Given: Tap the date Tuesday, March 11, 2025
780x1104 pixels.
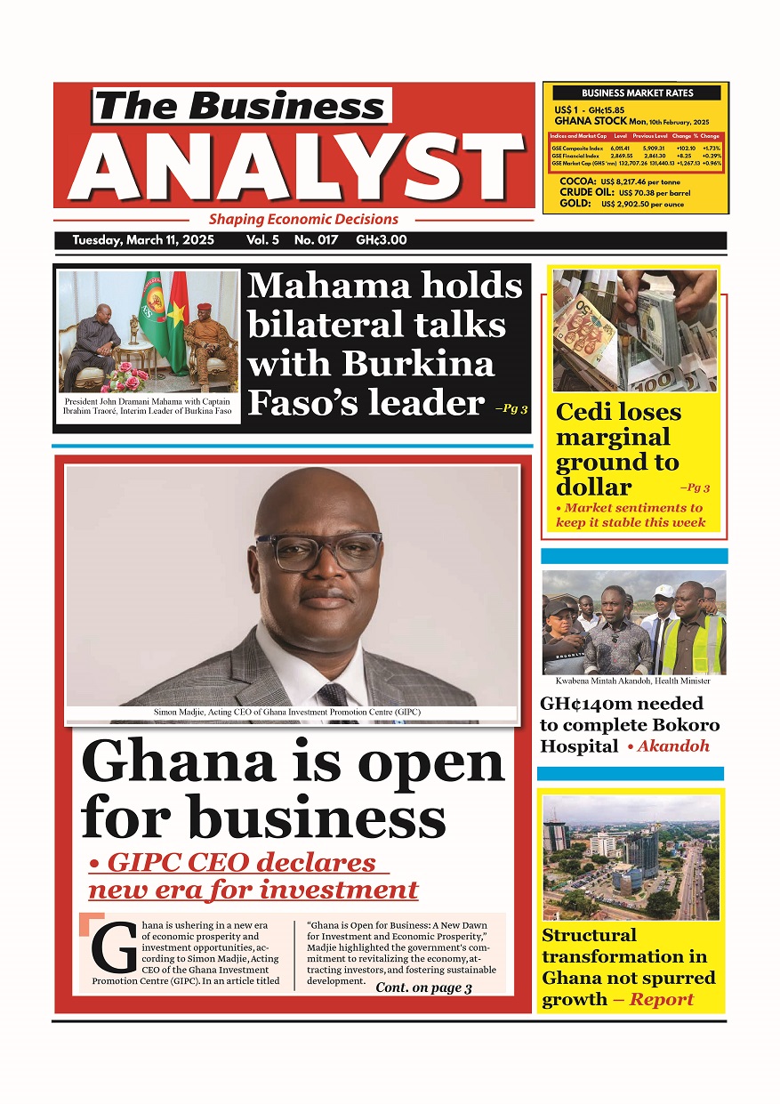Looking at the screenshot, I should coord(143,240).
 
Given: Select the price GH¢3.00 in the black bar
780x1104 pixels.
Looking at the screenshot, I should coord(381,240).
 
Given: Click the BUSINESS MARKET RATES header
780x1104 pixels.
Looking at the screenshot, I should coord(637,93).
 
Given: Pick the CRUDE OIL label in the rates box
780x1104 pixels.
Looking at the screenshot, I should coord(586,192).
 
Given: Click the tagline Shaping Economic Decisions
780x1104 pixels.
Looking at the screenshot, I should coord(303,219).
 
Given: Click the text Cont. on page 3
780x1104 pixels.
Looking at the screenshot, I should coord(423,987).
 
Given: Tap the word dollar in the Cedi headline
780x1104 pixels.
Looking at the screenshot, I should coord(593,487).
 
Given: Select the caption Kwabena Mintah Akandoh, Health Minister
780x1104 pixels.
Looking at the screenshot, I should coord(632,681).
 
